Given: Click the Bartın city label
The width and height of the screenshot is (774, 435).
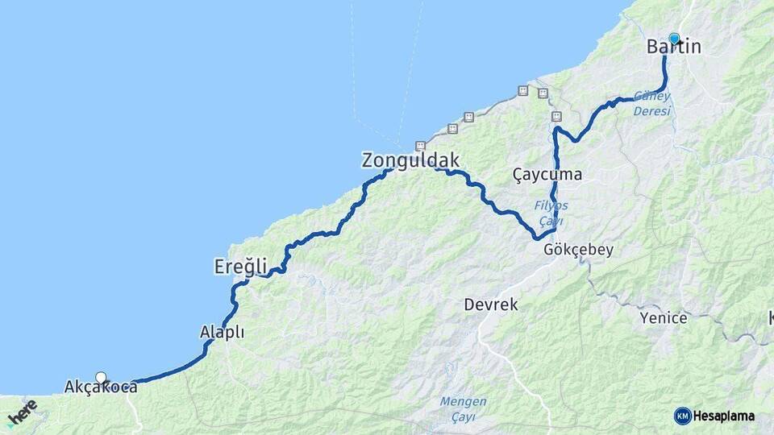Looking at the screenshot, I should [673, 48].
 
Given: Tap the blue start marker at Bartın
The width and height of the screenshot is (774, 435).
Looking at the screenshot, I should [674, 38].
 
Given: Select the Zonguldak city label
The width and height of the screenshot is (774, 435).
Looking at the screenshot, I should [410, 160].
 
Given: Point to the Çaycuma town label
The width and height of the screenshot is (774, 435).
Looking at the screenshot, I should [547, 174].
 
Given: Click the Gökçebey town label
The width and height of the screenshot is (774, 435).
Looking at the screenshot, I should [578, 250].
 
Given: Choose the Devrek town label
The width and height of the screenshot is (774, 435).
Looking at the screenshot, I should [490, 305].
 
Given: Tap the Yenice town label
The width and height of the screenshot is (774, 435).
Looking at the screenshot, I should [664, 318].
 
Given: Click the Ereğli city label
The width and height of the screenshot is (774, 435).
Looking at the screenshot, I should [240, 265].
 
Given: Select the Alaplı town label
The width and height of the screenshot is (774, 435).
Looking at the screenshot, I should [222, 332].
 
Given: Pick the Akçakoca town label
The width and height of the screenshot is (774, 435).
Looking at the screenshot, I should [100, 387].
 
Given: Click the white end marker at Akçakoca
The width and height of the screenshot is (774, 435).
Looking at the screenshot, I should [101, 377].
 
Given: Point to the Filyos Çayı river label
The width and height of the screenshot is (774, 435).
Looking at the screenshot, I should [551, 213].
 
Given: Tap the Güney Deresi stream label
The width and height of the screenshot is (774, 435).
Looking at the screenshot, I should [651, 103].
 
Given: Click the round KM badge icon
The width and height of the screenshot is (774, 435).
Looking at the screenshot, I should [682, 416].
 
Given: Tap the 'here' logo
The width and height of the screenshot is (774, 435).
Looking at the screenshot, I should [22, 412].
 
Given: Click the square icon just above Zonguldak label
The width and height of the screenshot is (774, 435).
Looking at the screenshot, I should [419, 146].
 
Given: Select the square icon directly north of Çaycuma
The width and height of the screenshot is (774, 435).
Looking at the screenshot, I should [556, 117].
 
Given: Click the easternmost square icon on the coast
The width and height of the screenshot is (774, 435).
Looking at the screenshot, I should [543, 93].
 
